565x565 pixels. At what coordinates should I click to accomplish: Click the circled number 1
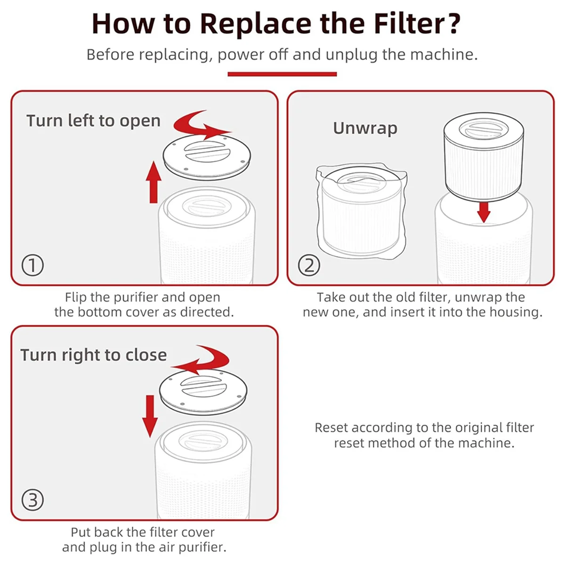32,266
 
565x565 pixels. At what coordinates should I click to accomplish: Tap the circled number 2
309,266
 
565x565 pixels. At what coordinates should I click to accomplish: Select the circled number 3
32,500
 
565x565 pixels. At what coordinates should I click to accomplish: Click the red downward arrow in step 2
484,211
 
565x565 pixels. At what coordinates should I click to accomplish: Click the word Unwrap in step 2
365,128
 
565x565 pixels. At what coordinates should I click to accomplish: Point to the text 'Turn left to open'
93,121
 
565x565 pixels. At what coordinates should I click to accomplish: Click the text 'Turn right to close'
93,355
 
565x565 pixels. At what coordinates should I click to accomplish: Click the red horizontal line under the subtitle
282,74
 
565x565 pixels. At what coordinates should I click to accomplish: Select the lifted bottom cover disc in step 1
206,156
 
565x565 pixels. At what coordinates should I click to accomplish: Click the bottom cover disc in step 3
203,390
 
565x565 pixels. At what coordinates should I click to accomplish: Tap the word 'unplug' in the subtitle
352,55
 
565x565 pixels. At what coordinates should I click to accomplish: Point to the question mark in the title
453,23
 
